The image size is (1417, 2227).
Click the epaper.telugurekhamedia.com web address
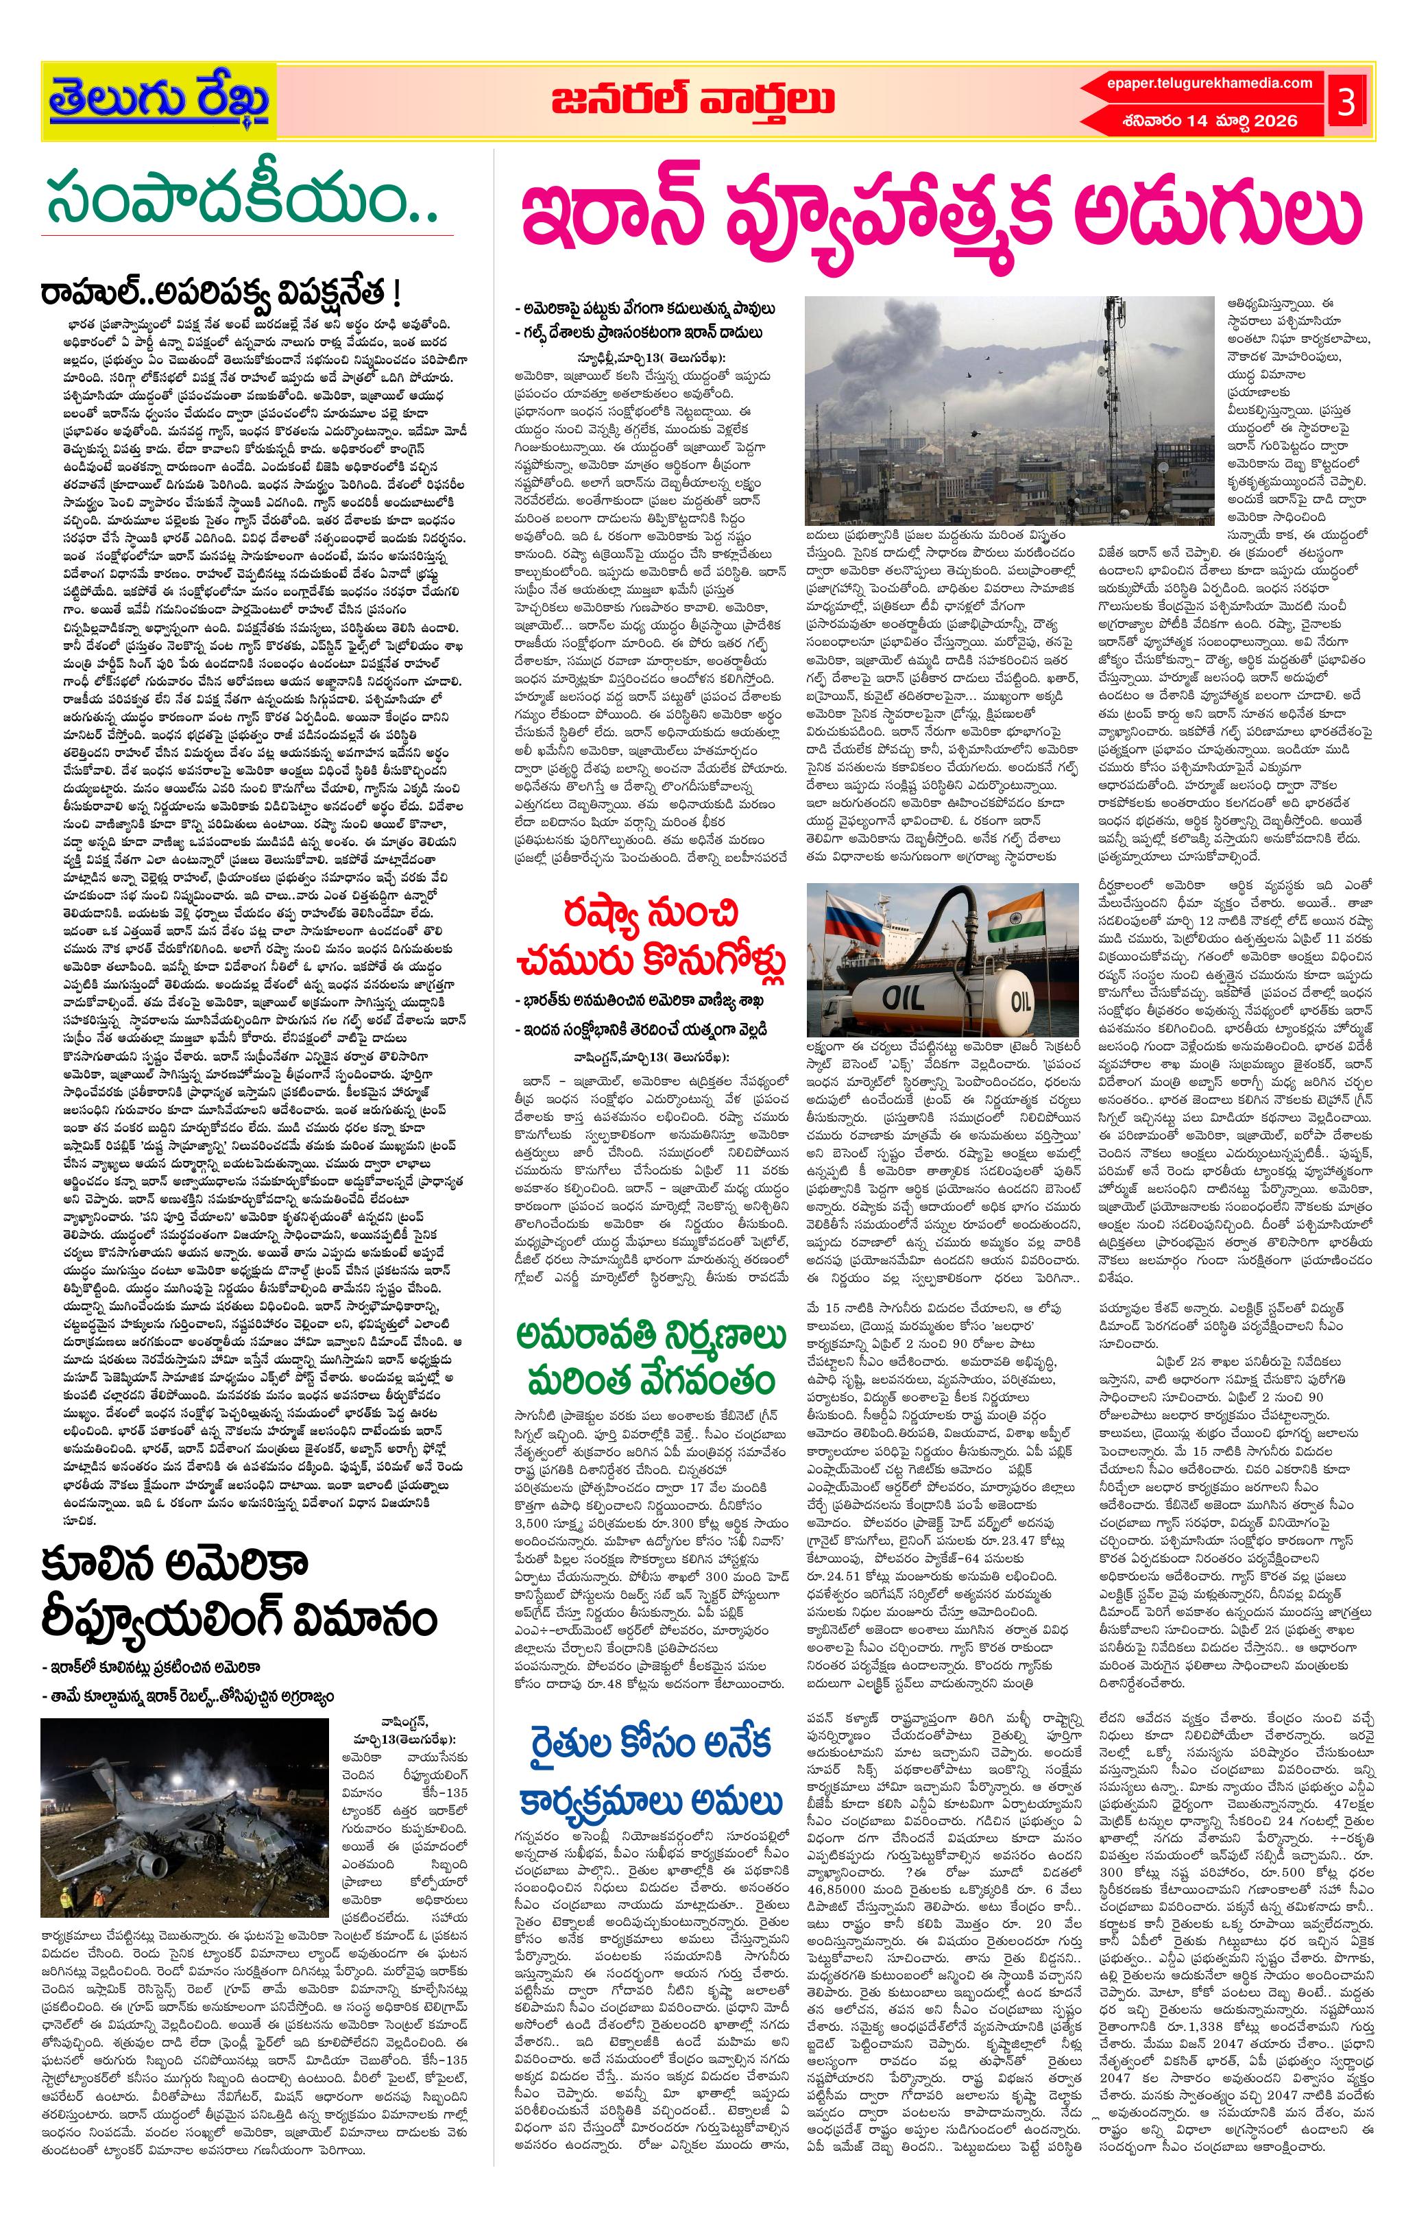[x=1209, y=83]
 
